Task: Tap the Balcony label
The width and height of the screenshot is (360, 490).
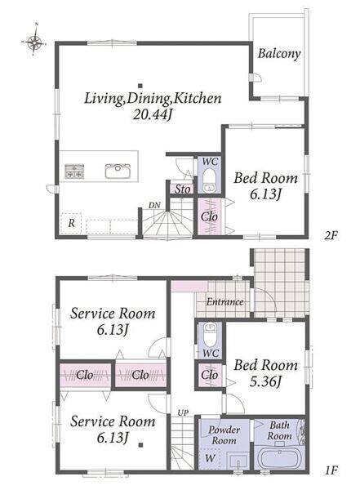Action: (279, 54)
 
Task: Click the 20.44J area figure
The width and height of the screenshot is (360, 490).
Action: (153, 115)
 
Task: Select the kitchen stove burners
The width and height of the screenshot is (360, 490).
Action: (74, 171)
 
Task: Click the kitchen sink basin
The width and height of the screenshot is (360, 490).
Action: (118, 171)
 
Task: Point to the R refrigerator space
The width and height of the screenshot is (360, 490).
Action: (72, 224)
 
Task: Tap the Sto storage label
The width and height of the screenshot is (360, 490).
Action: (182, 189)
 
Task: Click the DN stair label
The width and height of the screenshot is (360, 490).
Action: (154, 205)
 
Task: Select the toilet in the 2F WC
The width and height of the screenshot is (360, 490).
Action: (209, 180)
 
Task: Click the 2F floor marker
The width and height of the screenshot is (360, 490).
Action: (331, 235)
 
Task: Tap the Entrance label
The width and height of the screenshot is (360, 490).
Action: (224, 302)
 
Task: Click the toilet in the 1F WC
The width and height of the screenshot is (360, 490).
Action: (209, 333)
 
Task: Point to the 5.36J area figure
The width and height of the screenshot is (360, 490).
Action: (265, 381)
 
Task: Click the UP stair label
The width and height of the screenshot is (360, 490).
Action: (183, 412)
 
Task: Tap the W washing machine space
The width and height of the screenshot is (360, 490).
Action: (210, 458)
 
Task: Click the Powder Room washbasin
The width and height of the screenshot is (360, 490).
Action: (238, 461)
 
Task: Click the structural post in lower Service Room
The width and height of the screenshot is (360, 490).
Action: (140, 445)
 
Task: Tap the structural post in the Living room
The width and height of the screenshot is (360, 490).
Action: (140, 86)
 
